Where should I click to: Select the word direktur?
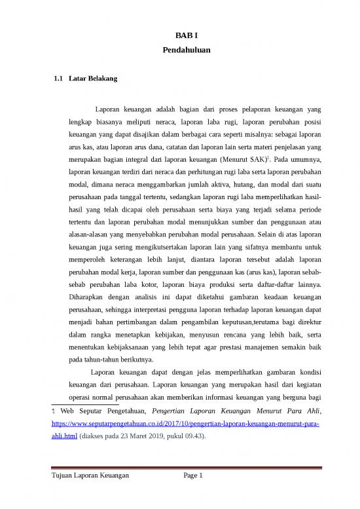[306, 321]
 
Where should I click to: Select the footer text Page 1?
[194, 475]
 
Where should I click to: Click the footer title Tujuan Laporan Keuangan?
[91, 475]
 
